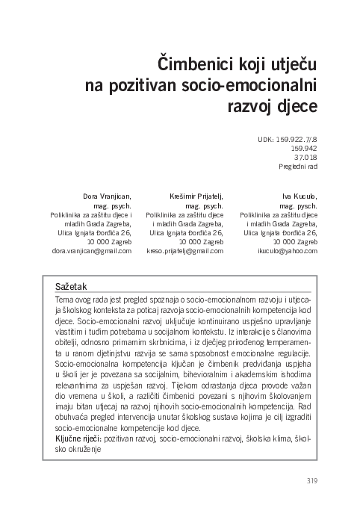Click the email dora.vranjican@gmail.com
pos(90,251)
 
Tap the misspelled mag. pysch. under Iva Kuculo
pos(298,205)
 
